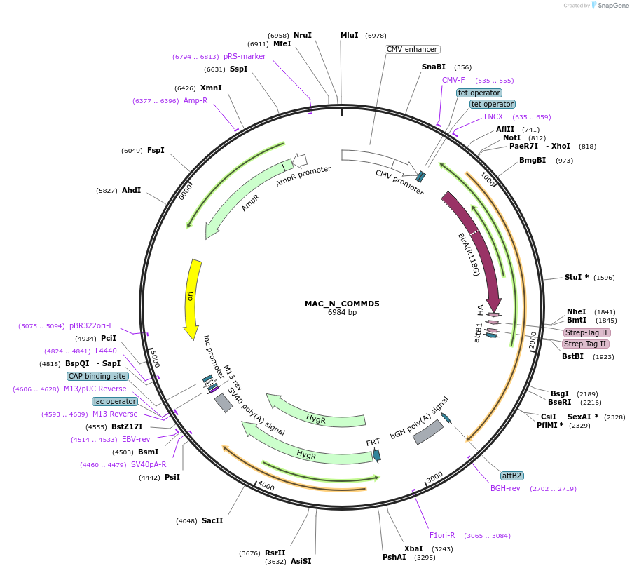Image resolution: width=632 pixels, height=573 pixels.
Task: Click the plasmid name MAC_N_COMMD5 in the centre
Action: pyautogui.click(x=342, y=304)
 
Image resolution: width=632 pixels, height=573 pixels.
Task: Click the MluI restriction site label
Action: pyautogui.click(x=349, y=35)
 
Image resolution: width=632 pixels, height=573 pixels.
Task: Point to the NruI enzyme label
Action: pyautogui.click(x=303, y=35)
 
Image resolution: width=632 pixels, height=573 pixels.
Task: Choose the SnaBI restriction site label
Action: pyautogui.click(x=433, y=67)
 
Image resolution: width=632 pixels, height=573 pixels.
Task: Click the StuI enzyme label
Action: pyautogui.click(x=576, y=277)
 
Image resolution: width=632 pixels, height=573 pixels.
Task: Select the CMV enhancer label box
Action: pyautogui.click(x=413, y=49)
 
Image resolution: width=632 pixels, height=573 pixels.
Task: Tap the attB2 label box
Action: pyautogui.click(x=512, y=476)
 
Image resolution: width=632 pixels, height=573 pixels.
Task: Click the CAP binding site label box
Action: pyautogui.click(x=98, y=376)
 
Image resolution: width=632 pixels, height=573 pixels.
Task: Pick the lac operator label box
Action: pyautogui.click(x=115, y=401)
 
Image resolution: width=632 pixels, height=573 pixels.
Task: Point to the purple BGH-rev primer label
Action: pyautogui.click(x=505, y=488)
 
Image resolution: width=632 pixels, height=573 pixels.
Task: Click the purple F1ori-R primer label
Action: pyautogui.click(x=442, y=535)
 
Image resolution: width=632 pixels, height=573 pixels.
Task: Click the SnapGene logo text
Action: pyautogui.click(x=613, y=6)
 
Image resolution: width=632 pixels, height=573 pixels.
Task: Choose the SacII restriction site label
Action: pyautogui.click(x=212, y=520)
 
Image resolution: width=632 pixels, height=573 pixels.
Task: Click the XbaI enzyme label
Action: pyautogui.click(x=413, y=548)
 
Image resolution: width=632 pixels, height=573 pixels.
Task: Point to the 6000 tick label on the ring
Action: pyautogui.click(x=186, y=191)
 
